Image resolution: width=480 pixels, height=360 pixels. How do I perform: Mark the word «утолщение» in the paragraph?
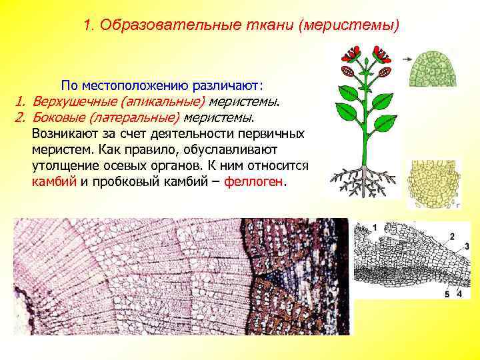[63, 165]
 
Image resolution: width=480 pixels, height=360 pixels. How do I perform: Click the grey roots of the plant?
[363, 179]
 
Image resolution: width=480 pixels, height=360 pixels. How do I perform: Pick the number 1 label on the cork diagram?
[375, 229]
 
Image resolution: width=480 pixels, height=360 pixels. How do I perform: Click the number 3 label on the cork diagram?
[467, 247]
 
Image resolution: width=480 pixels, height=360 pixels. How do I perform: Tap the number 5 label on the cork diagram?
[448, 294]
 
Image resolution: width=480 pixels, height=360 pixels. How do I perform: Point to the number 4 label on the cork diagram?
[459, 294]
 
